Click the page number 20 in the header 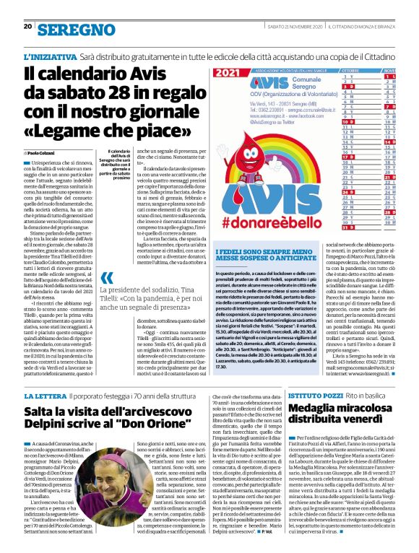[x=28, y=27]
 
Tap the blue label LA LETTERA [x=47, y=397]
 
